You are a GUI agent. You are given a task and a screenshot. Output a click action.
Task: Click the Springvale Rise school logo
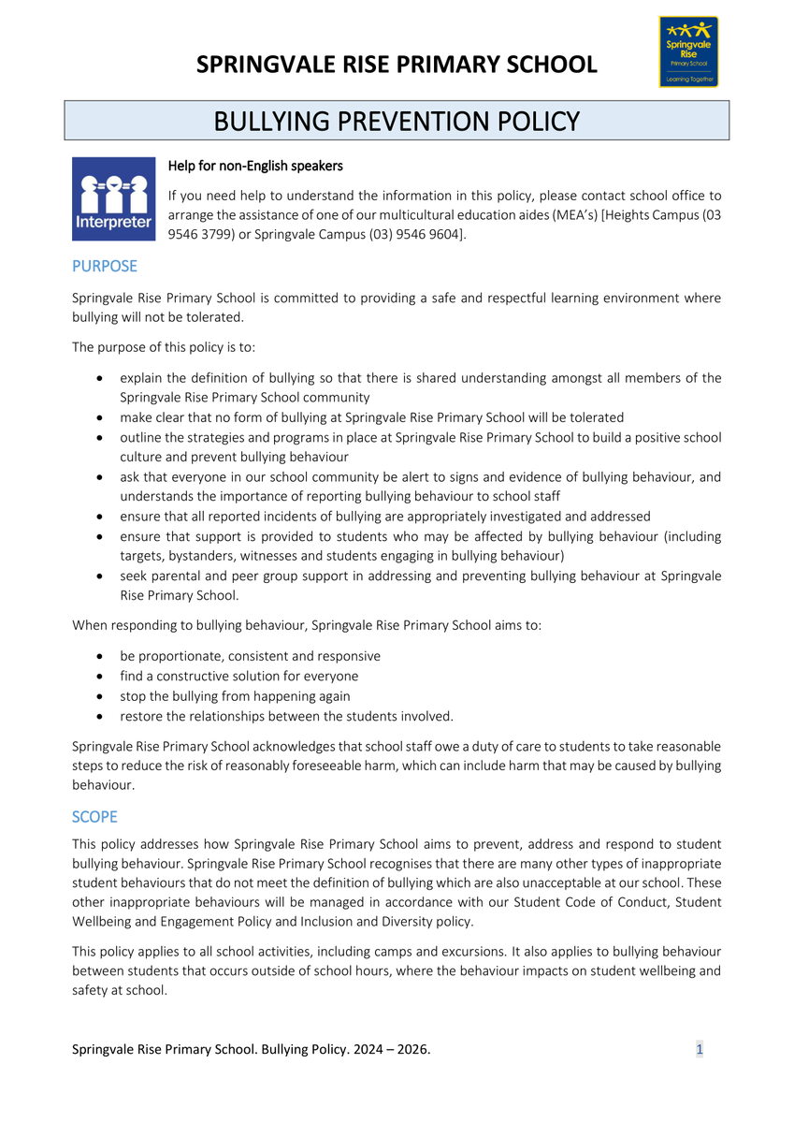pos(688,51)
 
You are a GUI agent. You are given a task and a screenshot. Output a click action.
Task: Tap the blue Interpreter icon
pos(113,198)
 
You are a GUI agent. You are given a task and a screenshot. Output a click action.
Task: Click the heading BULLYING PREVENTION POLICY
pos(397,122)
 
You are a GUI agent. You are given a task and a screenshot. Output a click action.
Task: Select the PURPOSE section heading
pos(105,266)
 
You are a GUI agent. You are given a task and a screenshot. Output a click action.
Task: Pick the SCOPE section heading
pos(94,817)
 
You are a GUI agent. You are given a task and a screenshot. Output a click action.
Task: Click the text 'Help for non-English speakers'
pos(255,166)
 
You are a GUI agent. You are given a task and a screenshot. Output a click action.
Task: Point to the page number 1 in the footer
pos(700,1049)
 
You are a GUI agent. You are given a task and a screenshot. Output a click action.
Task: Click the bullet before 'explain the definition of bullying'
pos(100,378)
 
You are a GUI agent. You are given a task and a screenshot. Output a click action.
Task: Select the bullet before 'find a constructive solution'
pos(100,676)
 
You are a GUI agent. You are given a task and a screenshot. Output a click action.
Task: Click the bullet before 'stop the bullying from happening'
pos(100,696)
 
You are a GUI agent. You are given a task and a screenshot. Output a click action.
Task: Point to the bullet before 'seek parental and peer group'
pos(100,576)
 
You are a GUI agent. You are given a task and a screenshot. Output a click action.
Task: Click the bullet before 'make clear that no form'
pos(100,417)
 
